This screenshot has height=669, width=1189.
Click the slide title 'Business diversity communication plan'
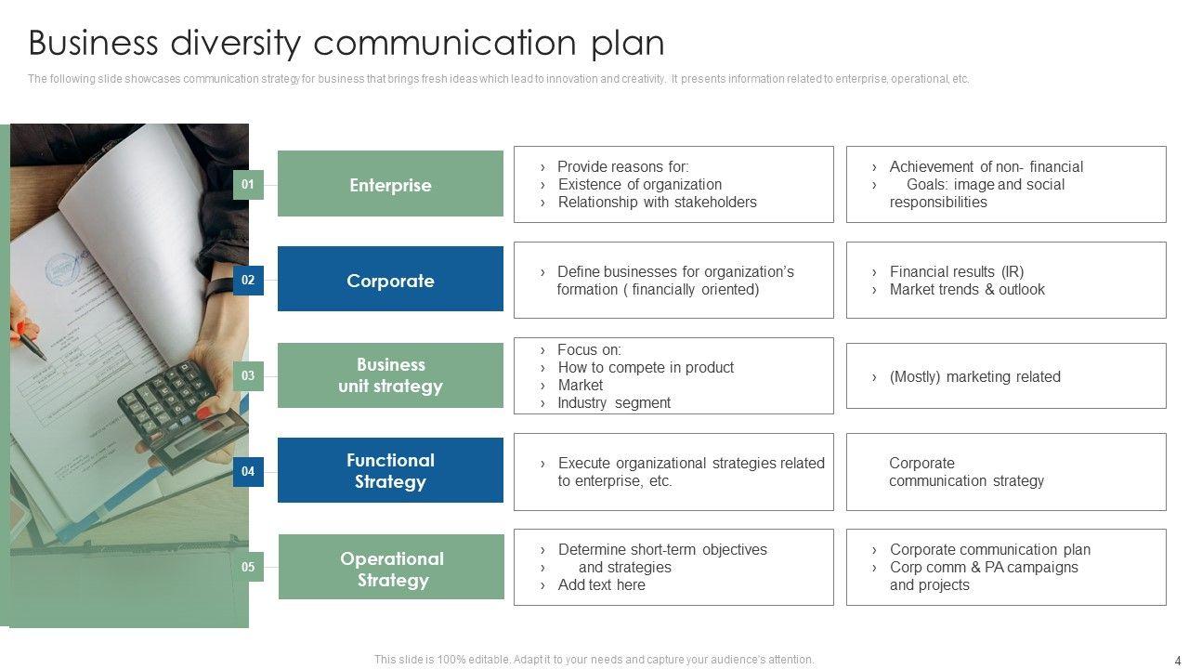coord(346,44)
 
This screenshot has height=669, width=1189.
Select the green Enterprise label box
coord(390,184)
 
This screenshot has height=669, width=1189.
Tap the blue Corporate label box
coord(390,280)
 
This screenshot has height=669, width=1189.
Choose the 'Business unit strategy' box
coord(390,375)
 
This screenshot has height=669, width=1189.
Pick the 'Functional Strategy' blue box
coord(390,470)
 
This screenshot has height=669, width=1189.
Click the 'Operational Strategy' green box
coord(391,569)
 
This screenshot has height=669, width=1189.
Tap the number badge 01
coord(248,185)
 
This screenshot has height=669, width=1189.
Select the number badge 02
coord(248,280)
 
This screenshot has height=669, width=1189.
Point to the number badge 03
coord(248,376)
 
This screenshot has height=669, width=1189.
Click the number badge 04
coord(248,471)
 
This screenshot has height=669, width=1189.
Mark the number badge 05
coord(248,567)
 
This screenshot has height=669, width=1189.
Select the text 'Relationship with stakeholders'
coord(657,202)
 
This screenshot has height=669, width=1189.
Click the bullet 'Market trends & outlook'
coord(967,289)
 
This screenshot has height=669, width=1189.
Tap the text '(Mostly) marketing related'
coord(974,376)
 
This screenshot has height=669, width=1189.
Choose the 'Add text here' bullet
coord(601,584)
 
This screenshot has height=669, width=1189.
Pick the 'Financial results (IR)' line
coord(956,271)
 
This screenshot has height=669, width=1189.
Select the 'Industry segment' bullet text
coord(613,402)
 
